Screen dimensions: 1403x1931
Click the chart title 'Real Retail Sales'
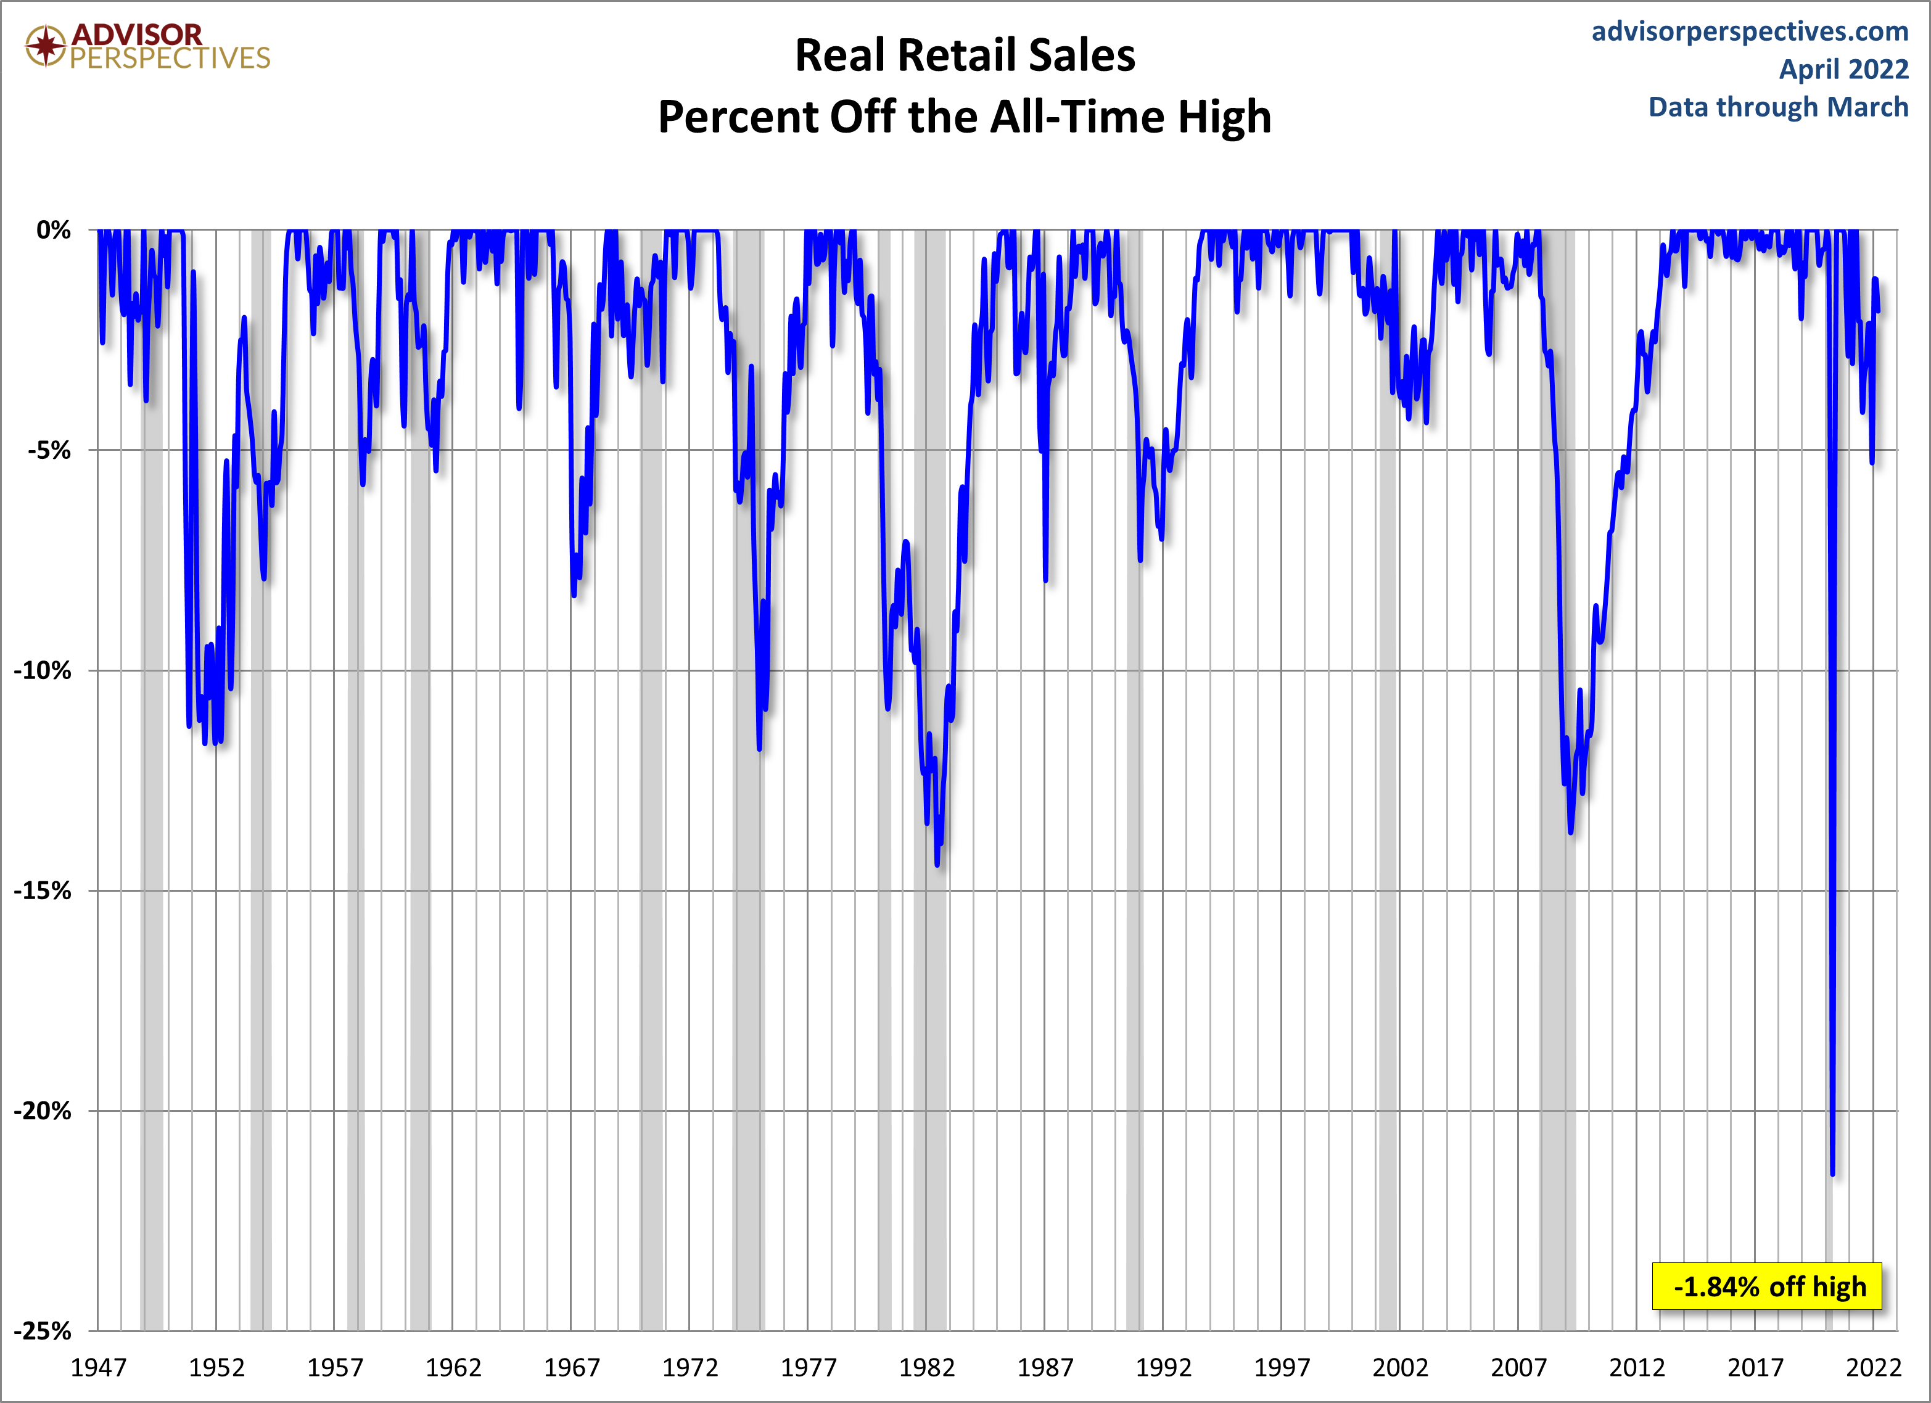click(x=965, y=56)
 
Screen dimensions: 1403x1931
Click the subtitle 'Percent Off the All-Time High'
click(x=965, y=117)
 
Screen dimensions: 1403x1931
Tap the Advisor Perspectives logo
click(x=147, y=46)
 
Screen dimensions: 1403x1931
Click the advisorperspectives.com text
click(x=1750, y=31)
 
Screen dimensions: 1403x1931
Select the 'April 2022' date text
click(x=1843, y=69)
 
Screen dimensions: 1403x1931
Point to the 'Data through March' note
click(x=1778, y=107)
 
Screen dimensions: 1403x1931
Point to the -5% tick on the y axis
click(x=49, y=450)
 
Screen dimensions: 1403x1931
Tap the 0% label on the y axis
click(x=54, y=230)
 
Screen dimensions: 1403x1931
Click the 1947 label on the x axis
click(x=98, y=1368)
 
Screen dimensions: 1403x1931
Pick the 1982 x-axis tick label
click(x=926, y=1368)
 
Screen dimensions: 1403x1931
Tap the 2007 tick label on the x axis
click(x=1518, y=1368)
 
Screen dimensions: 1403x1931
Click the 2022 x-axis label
click(x=1873, y=1368)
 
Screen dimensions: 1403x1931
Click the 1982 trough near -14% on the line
click(x=937, y=864)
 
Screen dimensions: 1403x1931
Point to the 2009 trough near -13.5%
click(x=1570, y=832)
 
